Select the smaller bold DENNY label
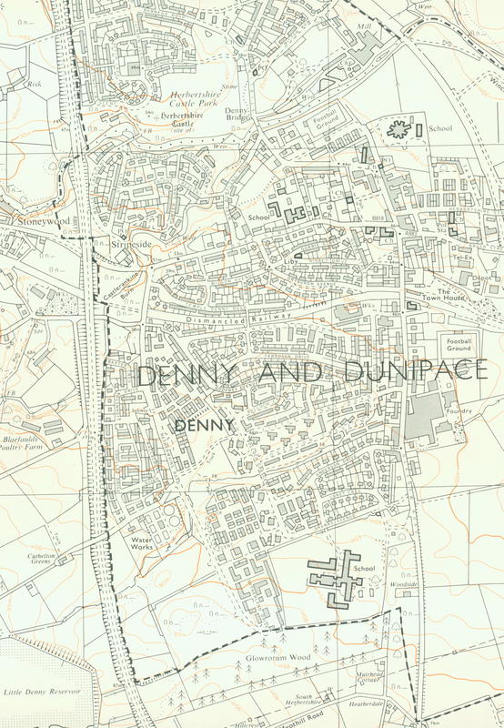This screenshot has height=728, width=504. (x=205, y=424)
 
